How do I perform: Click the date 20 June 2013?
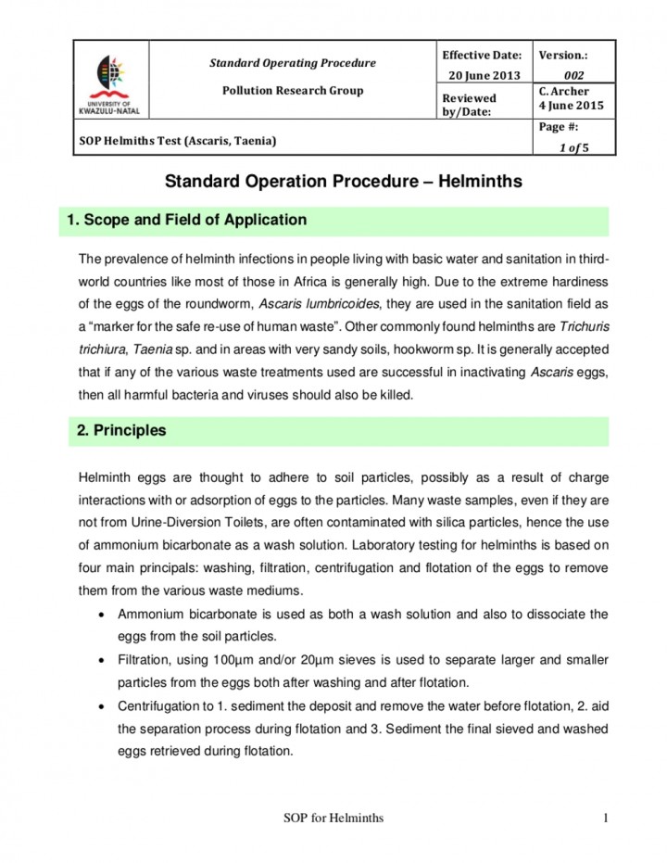pos(485,75)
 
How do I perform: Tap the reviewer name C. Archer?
pos(564,91)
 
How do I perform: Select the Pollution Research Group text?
pos(292,91)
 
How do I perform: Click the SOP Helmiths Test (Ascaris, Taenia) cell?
pos(176,141)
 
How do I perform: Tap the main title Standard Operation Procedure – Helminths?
pos(343,182)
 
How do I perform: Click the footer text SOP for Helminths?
pos(333,817)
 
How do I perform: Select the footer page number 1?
pos(604,817)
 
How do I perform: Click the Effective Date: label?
pos(482,56)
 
